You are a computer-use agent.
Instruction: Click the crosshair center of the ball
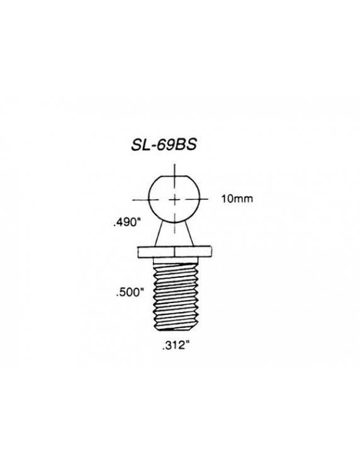174,199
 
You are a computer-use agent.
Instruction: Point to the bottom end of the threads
174,328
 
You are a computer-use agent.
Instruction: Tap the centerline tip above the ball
174,165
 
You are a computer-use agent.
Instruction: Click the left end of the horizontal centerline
142,199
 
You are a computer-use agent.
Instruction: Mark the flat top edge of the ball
174,177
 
